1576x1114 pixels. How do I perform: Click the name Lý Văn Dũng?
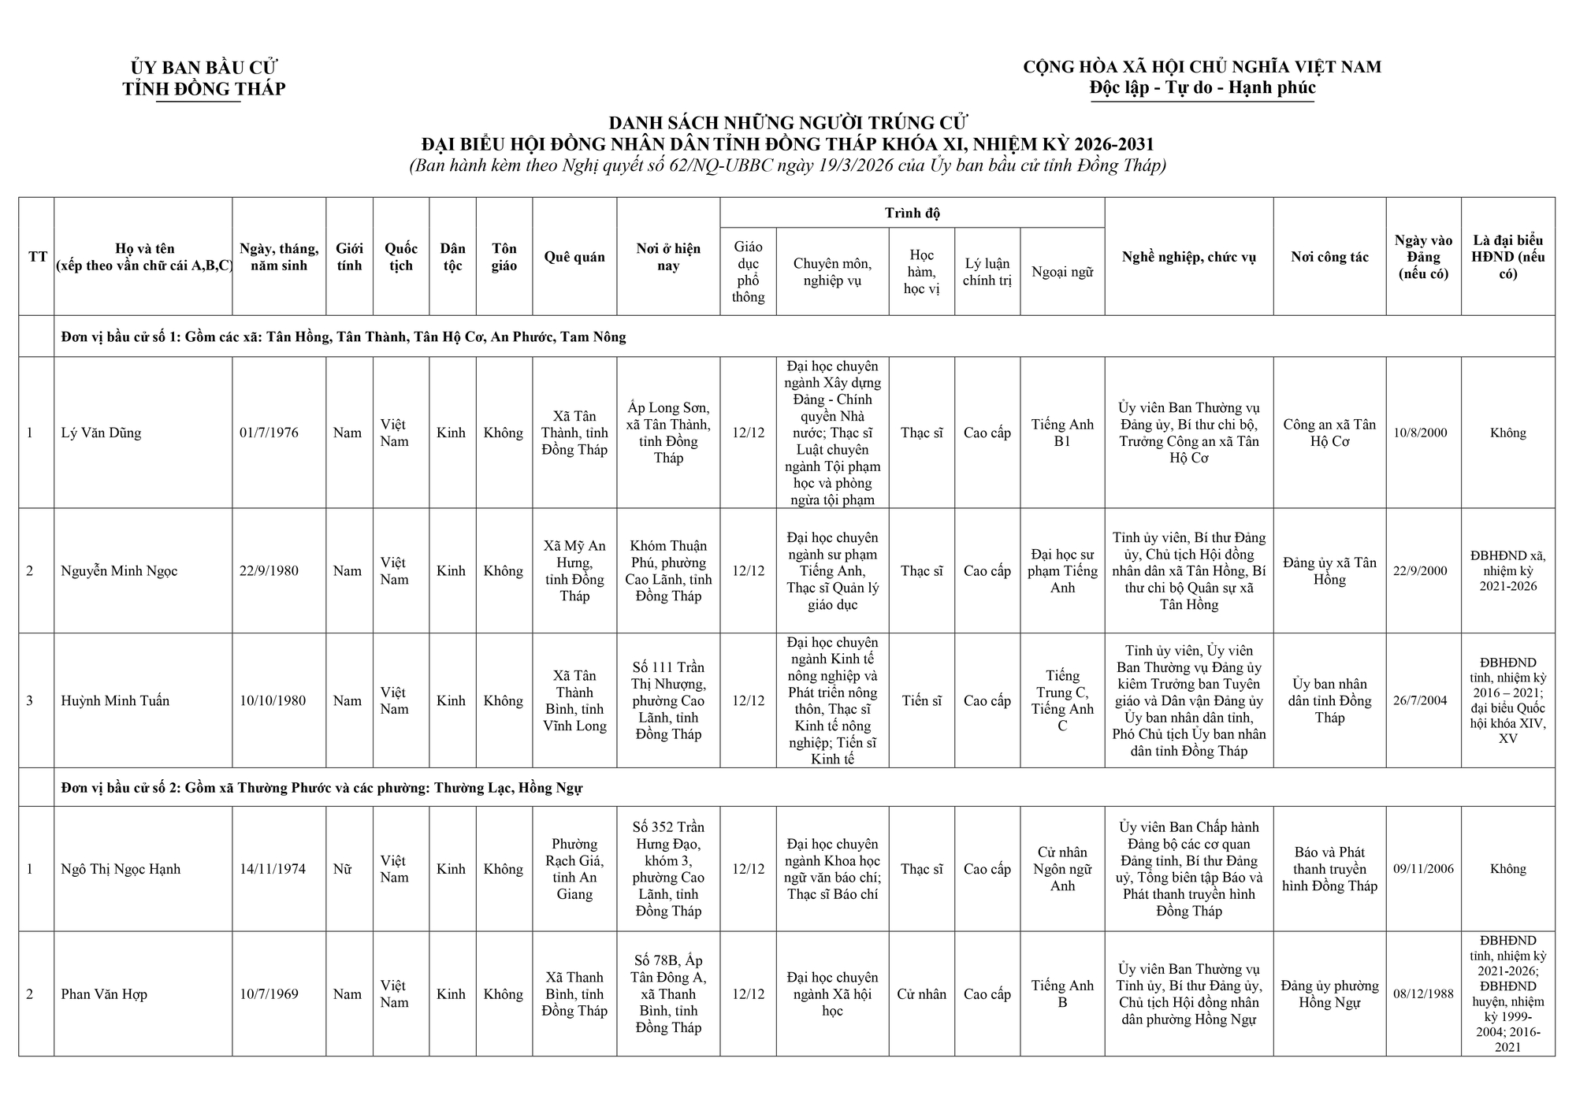click(101, 433)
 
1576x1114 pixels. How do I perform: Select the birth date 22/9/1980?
click(269, 571)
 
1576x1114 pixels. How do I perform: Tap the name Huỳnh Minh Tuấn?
click(115, 700)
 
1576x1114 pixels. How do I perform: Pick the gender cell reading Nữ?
click(342, 869)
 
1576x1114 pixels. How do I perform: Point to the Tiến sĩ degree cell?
click(921, 700)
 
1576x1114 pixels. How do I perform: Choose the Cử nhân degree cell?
click(921, 994)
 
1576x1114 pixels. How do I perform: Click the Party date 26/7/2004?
click(1420, 700)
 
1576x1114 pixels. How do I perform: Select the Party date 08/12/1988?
click(1423, 994)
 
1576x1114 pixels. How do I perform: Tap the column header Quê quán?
click(574, 257)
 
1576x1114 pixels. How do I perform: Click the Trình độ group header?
click(912, 213)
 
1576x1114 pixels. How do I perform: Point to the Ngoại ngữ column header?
click(1062, 273)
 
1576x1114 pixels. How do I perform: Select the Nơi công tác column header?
click(1329, 257)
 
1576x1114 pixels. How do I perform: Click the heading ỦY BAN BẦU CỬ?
click(204, 68)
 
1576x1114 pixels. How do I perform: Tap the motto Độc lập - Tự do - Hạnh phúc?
click(1202, 87)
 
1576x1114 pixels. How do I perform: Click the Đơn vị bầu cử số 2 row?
click(322, 788)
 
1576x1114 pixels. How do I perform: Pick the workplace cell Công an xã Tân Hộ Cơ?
click(1329, 433)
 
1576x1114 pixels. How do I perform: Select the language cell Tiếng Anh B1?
click(1062, 433)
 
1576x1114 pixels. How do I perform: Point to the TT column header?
click(37, 257)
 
